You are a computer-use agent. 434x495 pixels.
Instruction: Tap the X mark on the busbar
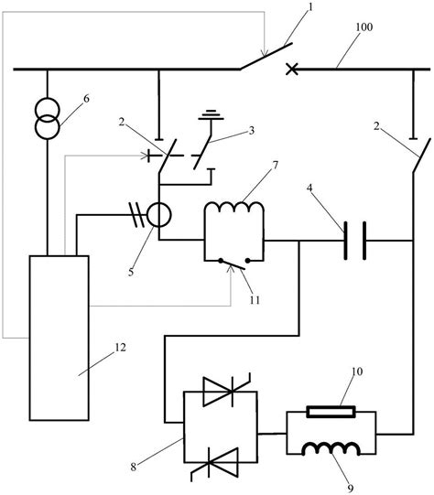point(293,68)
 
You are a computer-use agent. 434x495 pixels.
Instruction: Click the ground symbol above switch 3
point(212,116)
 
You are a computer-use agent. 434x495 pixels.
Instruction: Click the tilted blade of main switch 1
point(266,56)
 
